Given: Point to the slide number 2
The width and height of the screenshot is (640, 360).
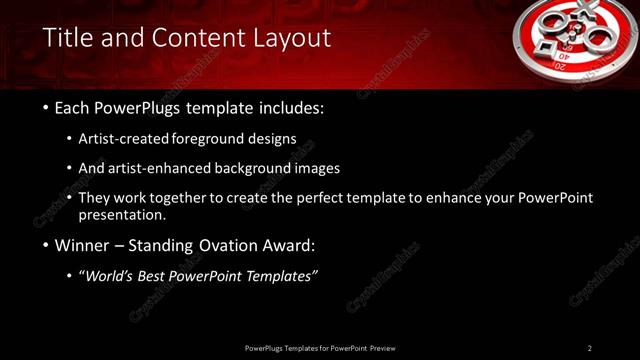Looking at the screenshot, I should (590, 348).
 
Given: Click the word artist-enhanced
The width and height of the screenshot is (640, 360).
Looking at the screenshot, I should (163, 168).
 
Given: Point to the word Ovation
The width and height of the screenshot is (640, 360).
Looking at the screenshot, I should (224, 245).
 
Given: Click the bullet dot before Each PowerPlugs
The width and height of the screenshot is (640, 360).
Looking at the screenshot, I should (46, 108).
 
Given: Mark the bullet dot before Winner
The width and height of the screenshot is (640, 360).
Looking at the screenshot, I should (46, 245).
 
